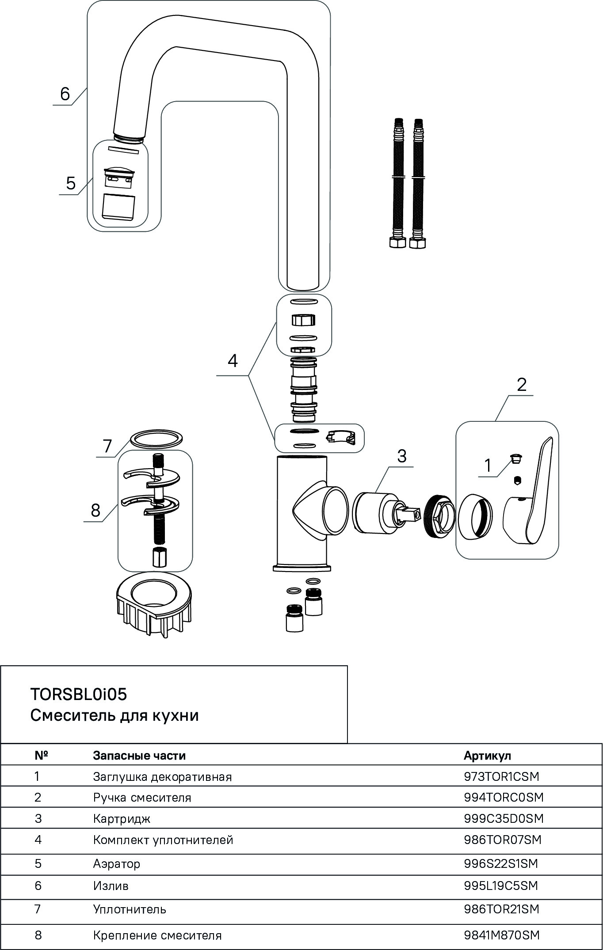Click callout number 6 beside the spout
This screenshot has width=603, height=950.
click(x=65, y=94)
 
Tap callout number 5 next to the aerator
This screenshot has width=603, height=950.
click(x=71, y=183)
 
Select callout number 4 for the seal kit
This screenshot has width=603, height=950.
click(x=233, y=361)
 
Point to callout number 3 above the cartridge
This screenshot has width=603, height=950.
click(x=401, y=455)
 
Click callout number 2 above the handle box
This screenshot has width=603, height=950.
click(x=522, y=384)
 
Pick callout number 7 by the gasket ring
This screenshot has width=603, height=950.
click(x=108, y=446)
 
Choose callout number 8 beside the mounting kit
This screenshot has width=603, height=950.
click(x=95, y=511)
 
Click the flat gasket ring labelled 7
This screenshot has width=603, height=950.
click(x=157, y=440)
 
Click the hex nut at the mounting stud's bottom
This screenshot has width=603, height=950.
click(x=159, y=557)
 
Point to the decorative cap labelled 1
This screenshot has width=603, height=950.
click(x=515, y=458)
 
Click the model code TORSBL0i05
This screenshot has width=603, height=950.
click(x=78, y=694)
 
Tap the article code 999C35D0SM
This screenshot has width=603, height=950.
click(x=503, y=818)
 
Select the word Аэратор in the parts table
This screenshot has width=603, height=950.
click(x=116, y=863)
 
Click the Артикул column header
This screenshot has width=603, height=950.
click(x=487, y=755)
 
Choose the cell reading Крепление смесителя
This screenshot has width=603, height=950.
click(x=157, y=935)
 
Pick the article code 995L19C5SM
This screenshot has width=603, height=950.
click(x=500, y=886)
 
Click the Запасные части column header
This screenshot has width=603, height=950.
click(x=139, y=755)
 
